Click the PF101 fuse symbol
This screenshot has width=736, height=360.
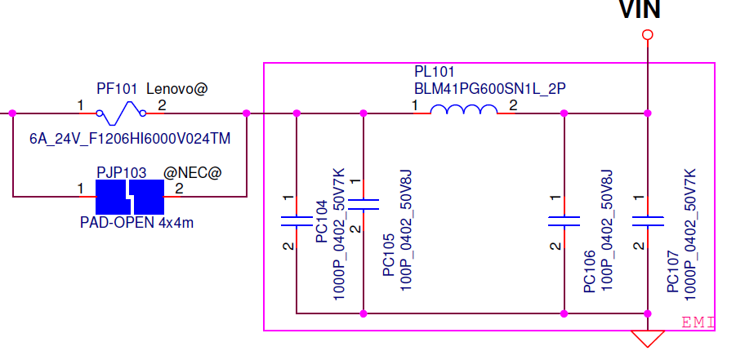tap(121, 113)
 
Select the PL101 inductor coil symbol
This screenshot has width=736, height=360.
tap(464, 109)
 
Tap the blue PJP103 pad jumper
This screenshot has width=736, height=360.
tap(130, 197)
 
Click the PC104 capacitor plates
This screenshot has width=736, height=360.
tap(297, 221)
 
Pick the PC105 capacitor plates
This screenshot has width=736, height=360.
tap(363, 204)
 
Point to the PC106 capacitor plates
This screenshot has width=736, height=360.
tap(564, 221)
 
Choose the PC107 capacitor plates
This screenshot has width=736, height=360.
tap(648, 221)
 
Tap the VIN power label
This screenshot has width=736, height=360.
tap(640, 9)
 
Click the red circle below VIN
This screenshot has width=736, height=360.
tap(648, 35)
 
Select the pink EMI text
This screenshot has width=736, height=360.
tap(698, 322)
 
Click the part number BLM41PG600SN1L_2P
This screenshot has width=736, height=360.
tap(489, 88)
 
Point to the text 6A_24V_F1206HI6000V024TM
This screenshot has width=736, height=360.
tap(130, 139)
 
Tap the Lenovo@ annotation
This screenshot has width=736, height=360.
tap(177, 88)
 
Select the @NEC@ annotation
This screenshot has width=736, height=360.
tap(192, 173)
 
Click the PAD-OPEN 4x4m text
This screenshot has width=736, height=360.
tap(136, 222)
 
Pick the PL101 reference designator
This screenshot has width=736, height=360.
tap(435, 71)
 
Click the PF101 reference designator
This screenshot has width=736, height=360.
tap(117, 88)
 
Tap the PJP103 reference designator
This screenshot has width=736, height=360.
tap(122, 173)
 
